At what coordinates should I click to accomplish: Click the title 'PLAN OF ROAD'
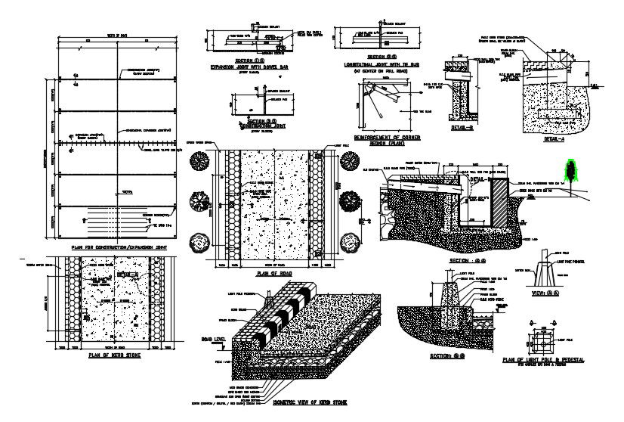tap(273, 274)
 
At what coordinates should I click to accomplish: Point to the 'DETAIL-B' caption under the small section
tap(460, 129)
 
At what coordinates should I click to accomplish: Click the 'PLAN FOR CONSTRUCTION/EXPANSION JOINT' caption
tap(119, 247)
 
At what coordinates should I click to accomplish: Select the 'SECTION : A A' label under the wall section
tap(467, 259)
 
